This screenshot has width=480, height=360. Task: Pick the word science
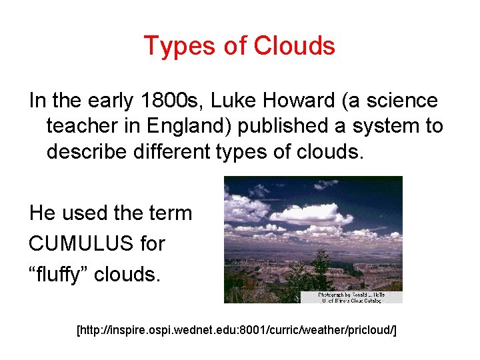400,101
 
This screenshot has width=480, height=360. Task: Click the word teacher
84,126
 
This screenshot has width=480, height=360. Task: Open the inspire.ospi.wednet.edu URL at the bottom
237,330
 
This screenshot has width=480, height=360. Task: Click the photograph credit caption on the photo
351,297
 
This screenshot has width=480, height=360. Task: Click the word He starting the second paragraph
43,213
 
